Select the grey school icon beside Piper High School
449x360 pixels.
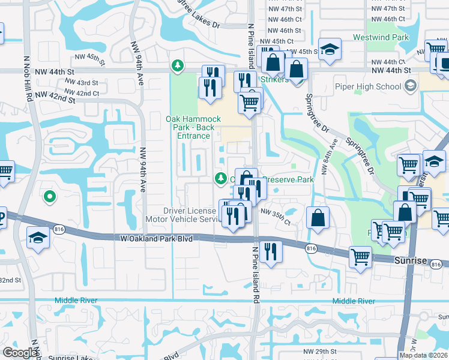[x=411, y=86]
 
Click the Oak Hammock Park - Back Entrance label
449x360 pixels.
[x=190, y=127]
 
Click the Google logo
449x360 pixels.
[x=20, y=353]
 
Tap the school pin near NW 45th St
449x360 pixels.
[x=329, y=50]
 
